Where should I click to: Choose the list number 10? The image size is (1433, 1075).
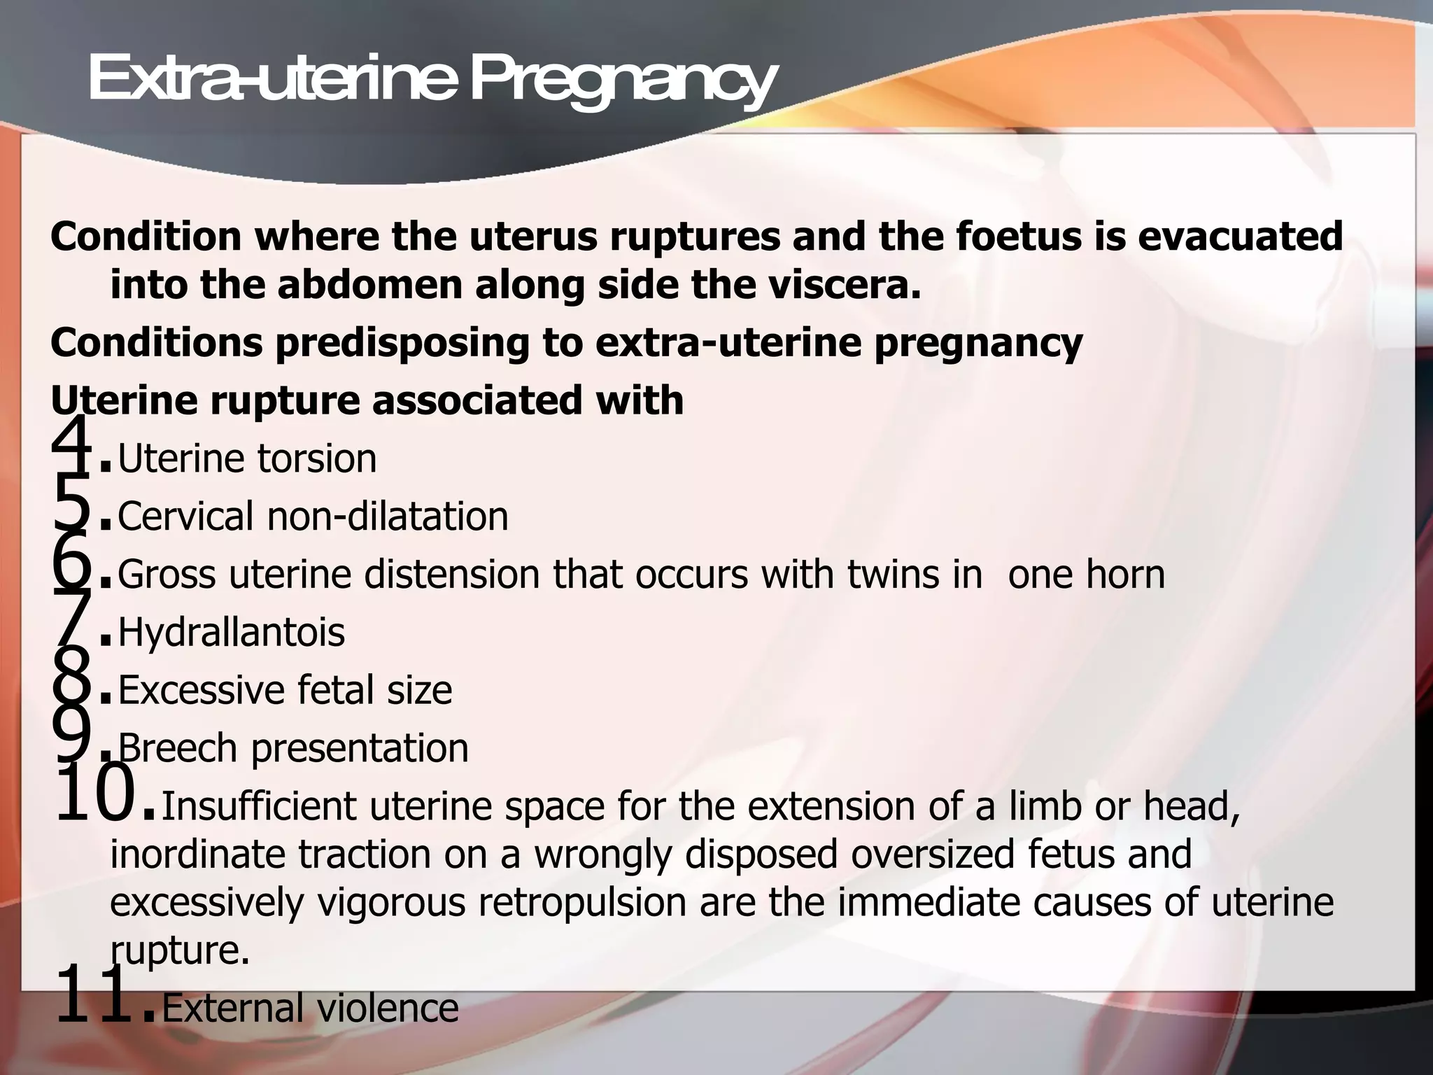pyautogui.click(x=96, y=792)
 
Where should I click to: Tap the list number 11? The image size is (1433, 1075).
pyautogui.click(x=96, y=994)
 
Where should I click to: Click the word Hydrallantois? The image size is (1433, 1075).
pyautogui.click(x=232, y=633)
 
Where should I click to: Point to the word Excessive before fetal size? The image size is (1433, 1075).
pyautogui.click(x=201, y=690)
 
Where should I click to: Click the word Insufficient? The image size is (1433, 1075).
pyautogui.click(x=259, y=806)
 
